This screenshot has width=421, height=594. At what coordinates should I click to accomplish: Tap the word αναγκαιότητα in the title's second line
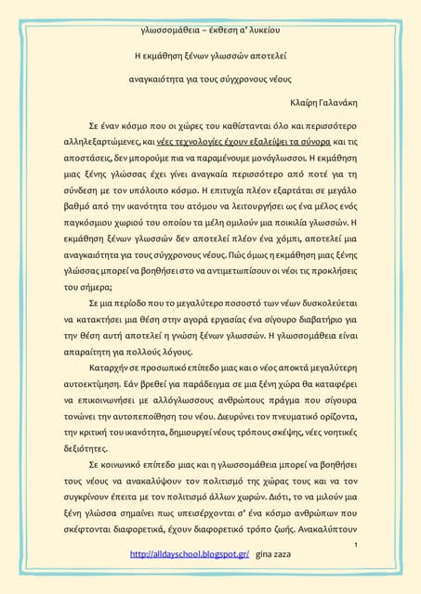[162, 79]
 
